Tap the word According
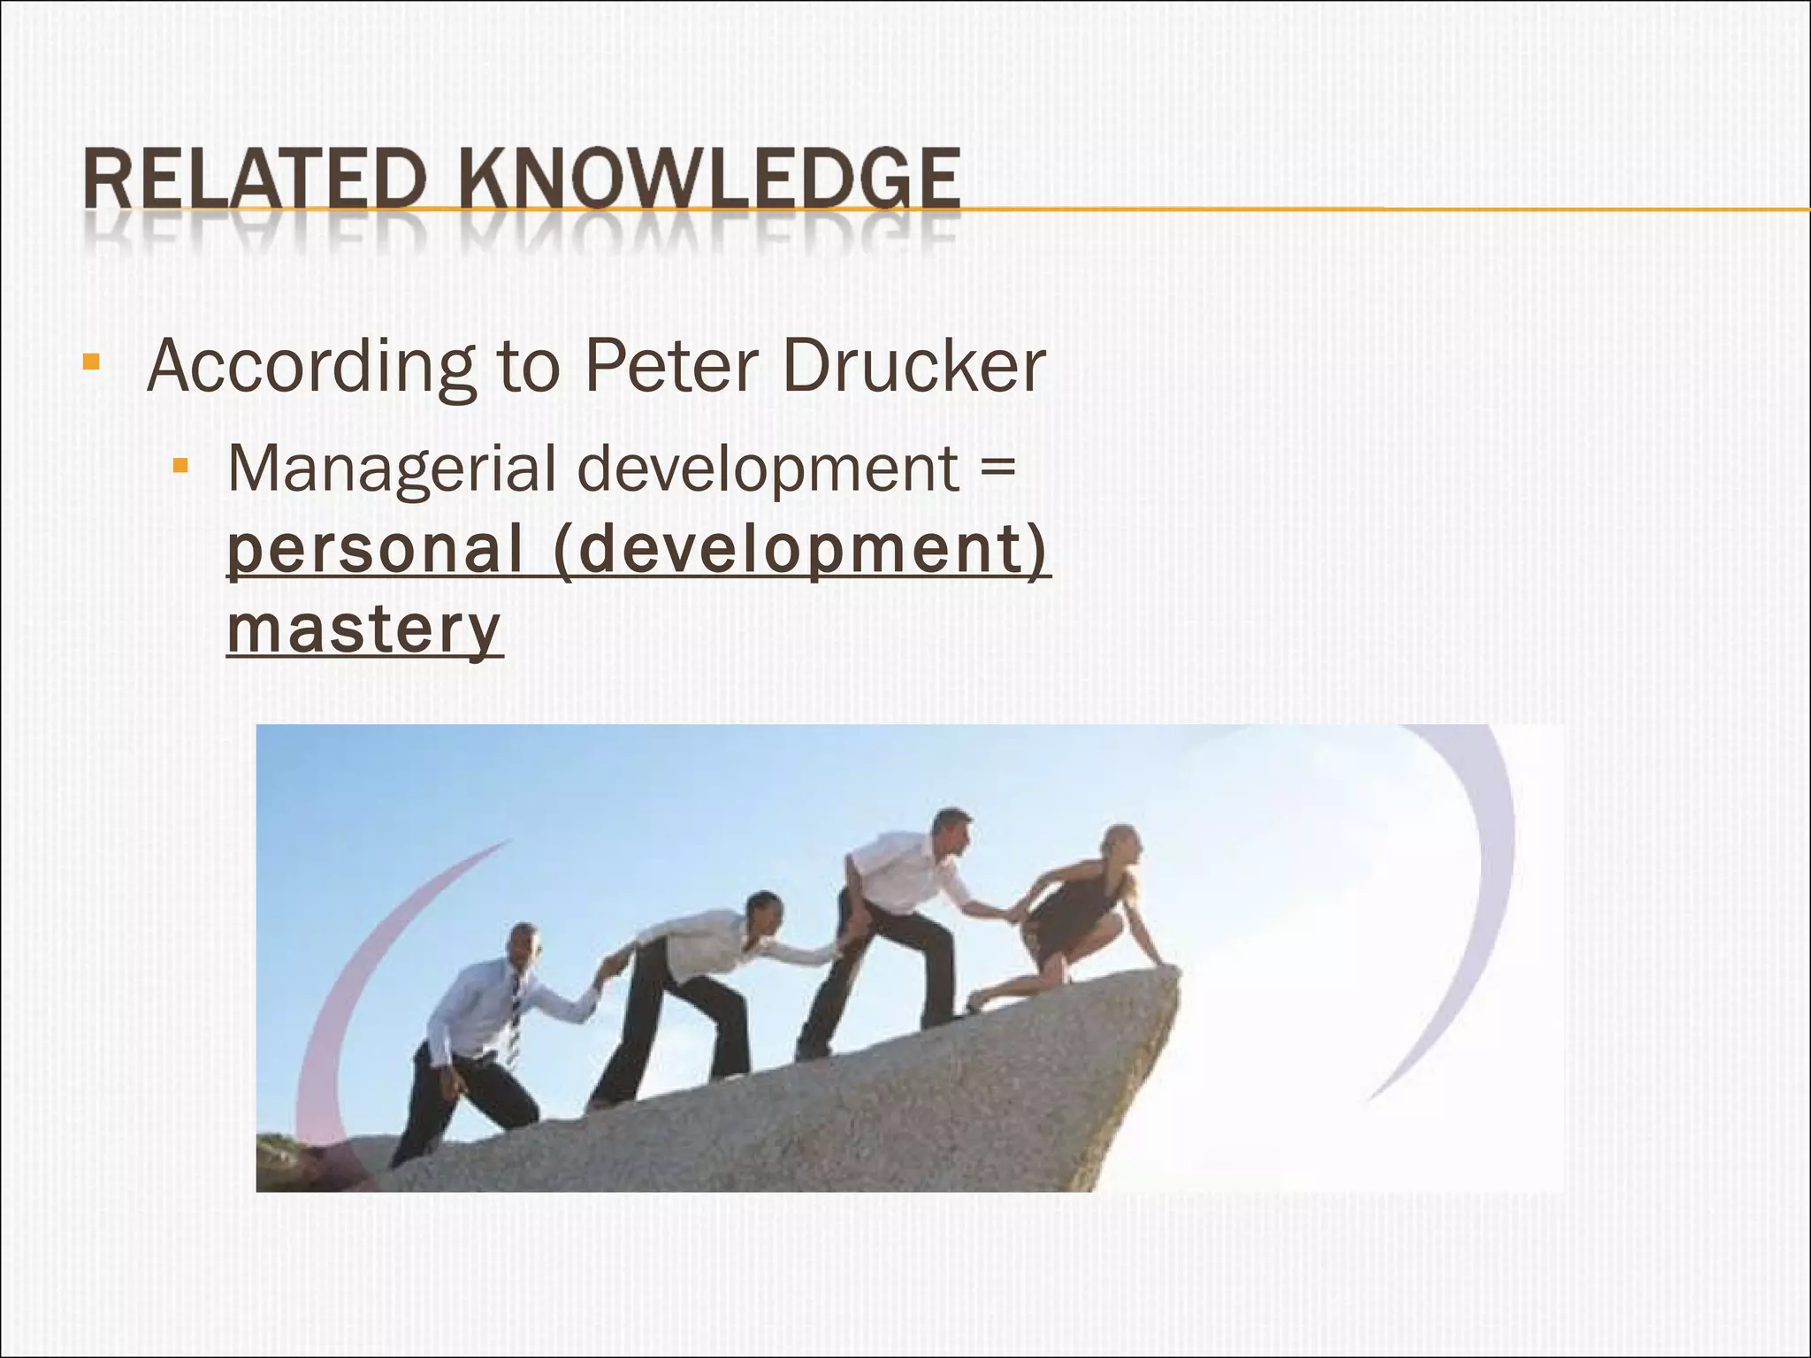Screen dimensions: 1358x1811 309,366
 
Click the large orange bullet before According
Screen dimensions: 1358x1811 90,362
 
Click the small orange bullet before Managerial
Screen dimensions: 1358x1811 181,465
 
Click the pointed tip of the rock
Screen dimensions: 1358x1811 1173,973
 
